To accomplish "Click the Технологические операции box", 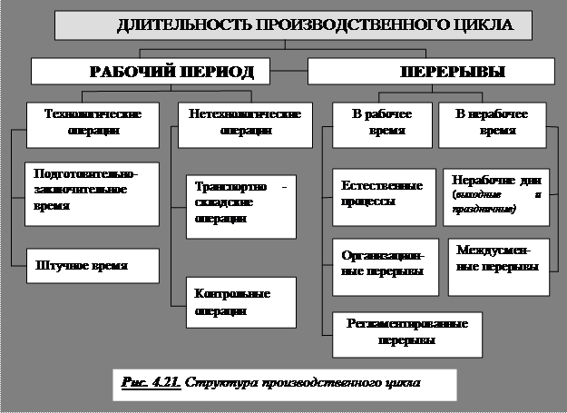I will tap(81, 123).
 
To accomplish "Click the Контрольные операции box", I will tap(240, 301).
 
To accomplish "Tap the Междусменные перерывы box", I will tap(499, 258).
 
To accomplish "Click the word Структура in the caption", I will tap(217, 382).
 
